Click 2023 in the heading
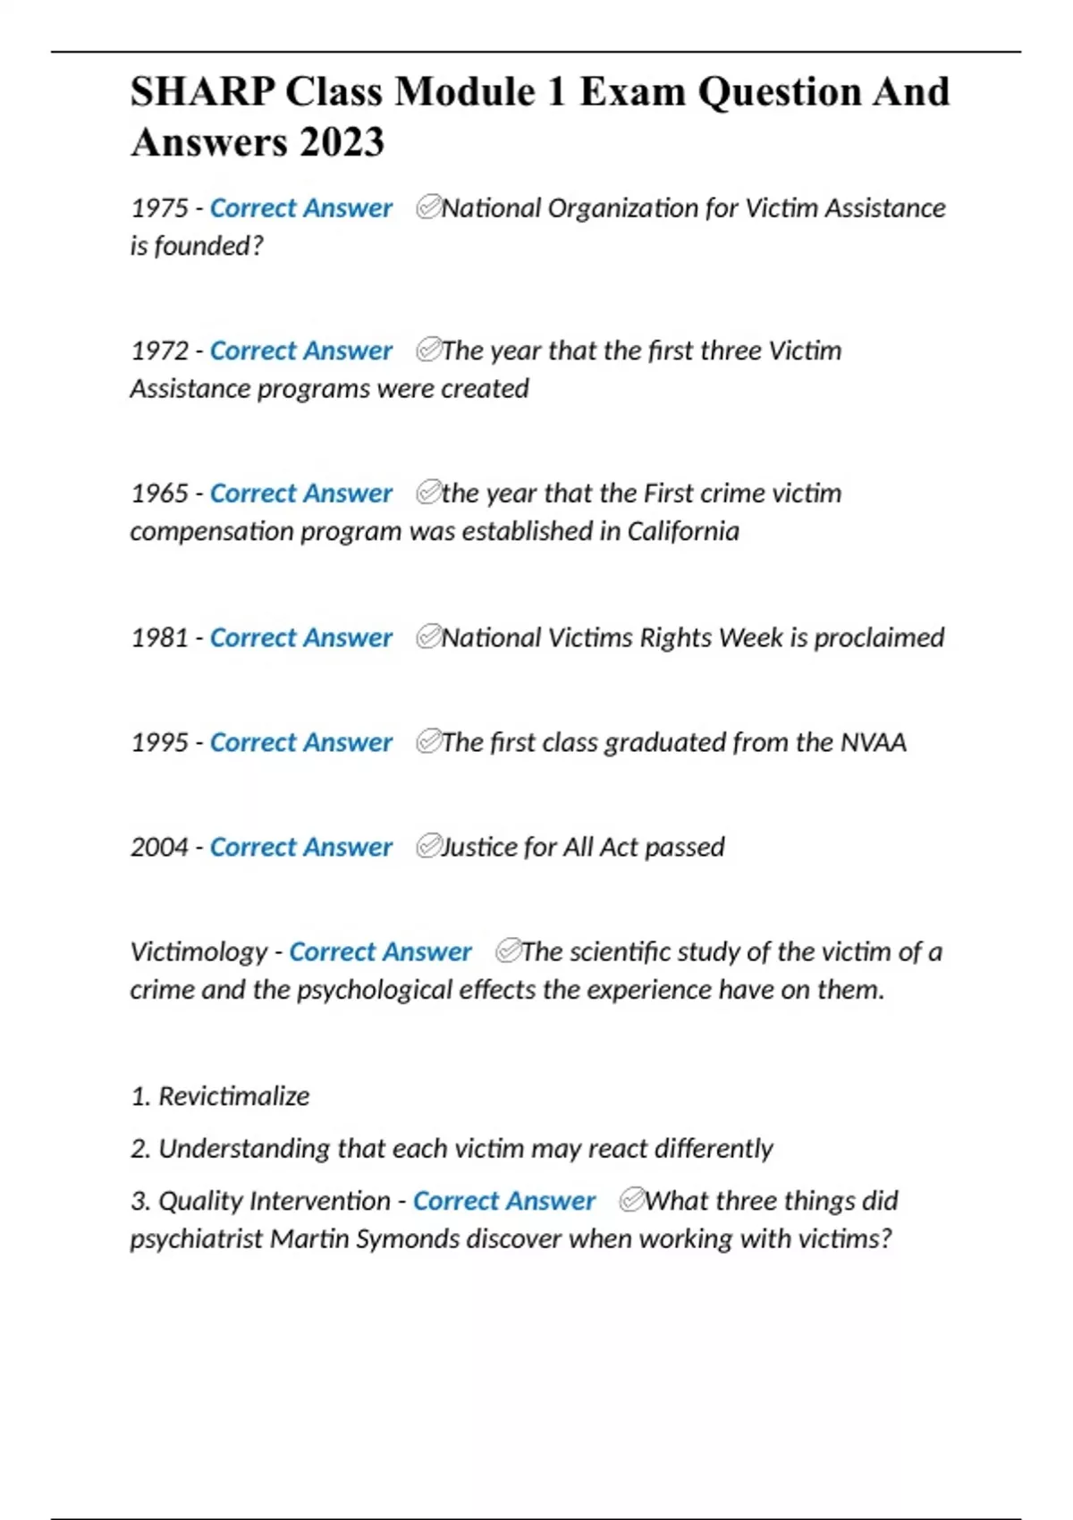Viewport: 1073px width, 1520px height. click(x=342, y=142)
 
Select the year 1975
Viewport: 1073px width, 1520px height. click(x=159, y=208)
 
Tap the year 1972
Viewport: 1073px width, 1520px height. click(x=159, y=350)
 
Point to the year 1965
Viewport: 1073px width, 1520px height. click(x=159, y=494)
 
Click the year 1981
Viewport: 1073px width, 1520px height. click(x=159, y=638)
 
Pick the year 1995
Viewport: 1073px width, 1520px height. click(x=159, y=742)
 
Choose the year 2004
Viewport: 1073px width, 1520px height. click(x=159, y=847)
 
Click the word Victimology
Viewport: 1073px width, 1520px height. click(x=199, y=952)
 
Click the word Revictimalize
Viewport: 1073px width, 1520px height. click(x=233, y=1096)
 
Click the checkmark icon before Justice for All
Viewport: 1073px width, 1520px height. click(x=428, y=846)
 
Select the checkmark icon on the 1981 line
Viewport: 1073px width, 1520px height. click(x=428, y=637)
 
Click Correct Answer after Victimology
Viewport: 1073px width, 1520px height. click(x=380, y=952)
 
